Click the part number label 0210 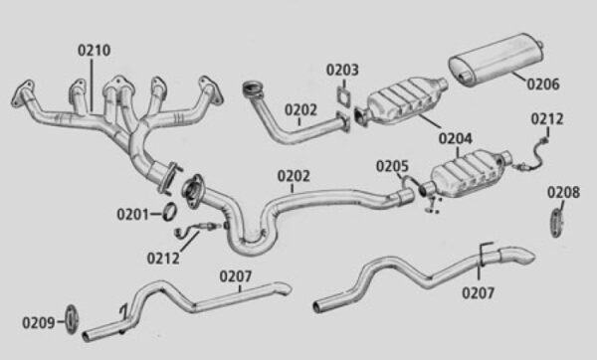pyautogui.click(x=95, y=51)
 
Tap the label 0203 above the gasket pyautogui.click(x=342, y=70)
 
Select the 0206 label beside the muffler pyautogui.click(x=543, y=85)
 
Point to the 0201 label pyautogui.click(x=133, y=214)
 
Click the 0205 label pyautogui.click(x=392, y=166)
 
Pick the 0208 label pyautogui.click(x=563, y=192)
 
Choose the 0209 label pyautogui.click(x=39, y=323)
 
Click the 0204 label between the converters pyautogui.click(x=456, y=138)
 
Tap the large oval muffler pyautogui.click(x=496, y=59)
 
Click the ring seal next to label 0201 pyautogui.click(x=170, y=211)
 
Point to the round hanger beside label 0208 pyautogui.click(x=556, y=224)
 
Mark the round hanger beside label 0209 pyautogui.click(x=72, y=319)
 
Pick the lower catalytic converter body pyautogui.click(x=469, y=174)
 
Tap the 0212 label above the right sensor pyautogui.click(x=547, y=119)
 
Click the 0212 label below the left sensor pyautogui.click(x=163, y=259)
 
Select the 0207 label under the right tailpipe pyautogui.click(x=479, y=293)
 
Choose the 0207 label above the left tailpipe pyautogui.click(x=236, y=276)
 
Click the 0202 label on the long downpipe pyautogui.click(x=294, y=176)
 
